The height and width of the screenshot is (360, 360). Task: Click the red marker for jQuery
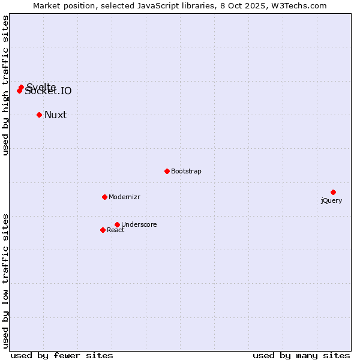[x=333, y=192]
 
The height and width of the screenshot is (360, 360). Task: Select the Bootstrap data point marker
[x=167, y=171]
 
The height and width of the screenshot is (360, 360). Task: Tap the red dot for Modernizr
[x=104, y=197]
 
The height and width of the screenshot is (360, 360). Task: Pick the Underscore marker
[x=117, y=224]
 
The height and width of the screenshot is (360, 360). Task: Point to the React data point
[x=103, y=230]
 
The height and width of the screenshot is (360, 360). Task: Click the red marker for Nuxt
[x=39, y=115]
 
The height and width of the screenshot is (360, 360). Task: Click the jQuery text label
[x=331, y=200]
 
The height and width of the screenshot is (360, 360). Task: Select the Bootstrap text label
[x=186, y=171]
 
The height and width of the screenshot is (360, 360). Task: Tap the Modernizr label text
[x=124, y=197]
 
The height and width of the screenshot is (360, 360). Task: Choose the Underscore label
[x=139, y=224]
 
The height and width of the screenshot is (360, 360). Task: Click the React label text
[x=116, y=230]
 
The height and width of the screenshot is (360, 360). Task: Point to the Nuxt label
[x=56, y=115]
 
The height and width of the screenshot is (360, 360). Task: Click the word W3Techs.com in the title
[x=298, y=6]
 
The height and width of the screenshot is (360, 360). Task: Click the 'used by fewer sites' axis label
[x=62, y=355]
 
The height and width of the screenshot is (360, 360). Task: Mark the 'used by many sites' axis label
[x=301, y=355]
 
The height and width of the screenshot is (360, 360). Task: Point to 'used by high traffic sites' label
[x=6, y=86]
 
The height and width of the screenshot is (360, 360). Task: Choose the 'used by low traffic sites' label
[x=6, y=281]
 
